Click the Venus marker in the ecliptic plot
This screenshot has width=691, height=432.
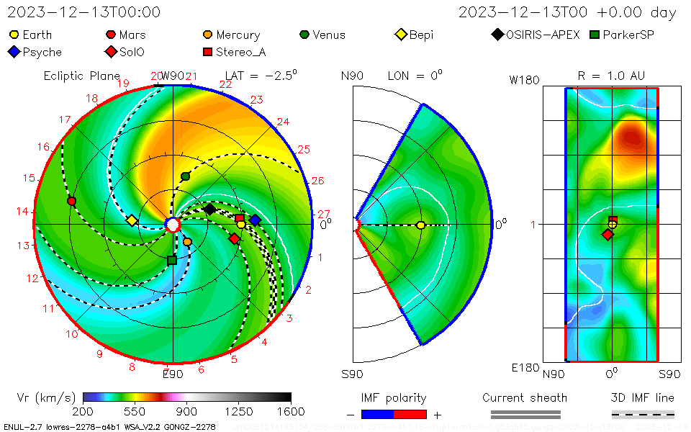186,176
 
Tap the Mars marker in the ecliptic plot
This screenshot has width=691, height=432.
71,201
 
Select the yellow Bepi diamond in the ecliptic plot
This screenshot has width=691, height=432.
132,220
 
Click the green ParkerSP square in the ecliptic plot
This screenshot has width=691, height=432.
171,260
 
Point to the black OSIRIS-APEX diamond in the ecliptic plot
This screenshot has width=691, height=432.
209,209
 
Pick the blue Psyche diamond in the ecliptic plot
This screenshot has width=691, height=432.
255,220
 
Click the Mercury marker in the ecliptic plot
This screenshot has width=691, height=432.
187,242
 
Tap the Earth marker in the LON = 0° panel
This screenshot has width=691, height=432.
420,225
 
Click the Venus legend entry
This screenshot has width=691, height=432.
322,35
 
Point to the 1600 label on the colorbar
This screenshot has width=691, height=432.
291,411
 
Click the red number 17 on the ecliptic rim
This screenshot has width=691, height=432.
66,120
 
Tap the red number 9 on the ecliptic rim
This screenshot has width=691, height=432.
100,354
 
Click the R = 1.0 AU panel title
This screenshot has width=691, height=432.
611,76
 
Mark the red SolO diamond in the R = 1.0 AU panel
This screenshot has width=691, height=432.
608,235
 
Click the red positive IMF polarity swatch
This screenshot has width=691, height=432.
410,415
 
